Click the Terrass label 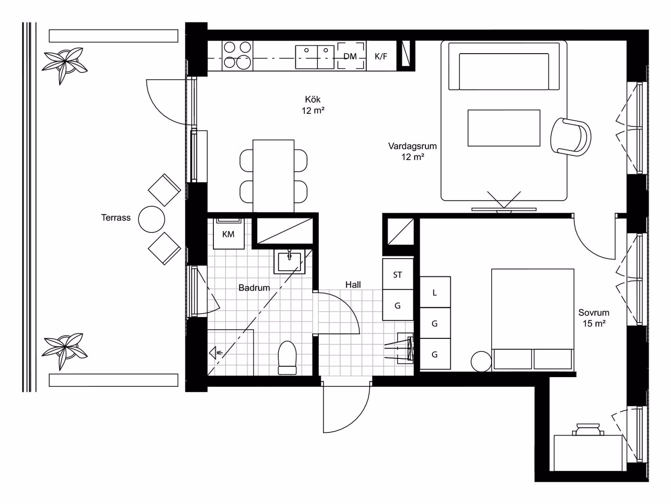coord(116,217)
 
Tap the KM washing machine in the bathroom coord(229,234)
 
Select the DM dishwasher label coord(350,56)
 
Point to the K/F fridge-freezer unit coord(381,56)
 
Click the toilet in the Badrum coord(287,357)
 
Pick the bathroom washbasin coord(289,261)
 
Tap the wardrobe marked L coord(435,292)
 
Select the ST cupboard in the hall coord(398,274)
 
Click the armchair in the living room coord(570,137)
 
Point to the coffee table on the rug coord(504,128)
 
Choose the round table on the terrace coord(151,219)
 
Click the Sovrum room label coord(594,313)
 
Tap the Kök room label coord(313,99)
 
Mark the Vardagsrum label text coord(412,146)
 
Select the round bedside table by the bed coord(481,361)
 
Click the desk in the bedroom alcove coord(588,453)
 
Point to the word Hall coord(353,285)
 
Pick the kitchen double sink coord(315,57)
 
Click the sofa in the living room coord(504,66)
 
